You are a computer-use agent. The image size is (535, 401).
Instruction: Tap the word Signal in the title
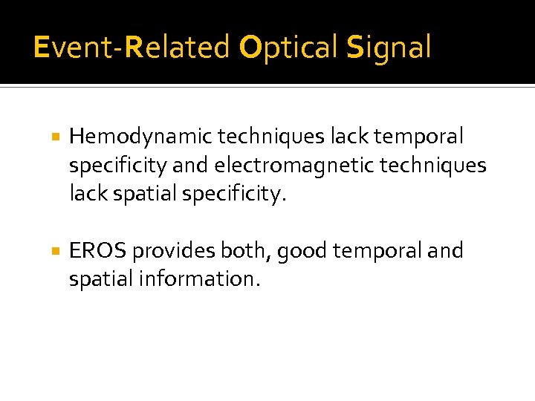[x=389, y=48]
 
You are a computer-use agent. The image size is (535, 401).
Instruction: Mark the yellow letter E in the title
[x=41, y=48]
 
